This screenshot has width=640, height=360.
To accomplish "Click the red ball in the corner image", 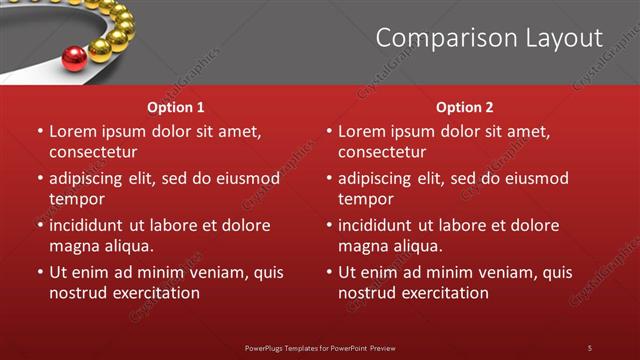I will tap(74, 59).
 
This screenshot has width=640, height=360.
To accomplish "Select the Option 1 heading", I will tap(176, 107).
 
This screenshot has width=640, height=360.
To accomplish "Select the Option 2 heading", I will tap(465, 107).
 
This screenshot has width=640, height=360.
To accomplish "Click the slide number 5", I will tap(589, 347).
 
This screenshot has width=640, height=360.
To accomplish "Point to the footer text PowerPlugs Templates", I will tap(290, 347).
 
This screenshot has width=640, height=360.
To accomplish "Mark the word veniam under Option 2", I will tap(508, 272).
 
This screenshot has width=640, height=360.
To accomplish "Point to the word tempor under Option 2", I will tap(365, 200).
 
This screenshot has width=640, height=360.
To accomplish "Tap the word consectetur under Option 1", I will tap(93, 153).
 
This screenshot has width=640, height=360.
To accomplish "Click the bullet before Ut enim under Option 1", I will tap(40, 272).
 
